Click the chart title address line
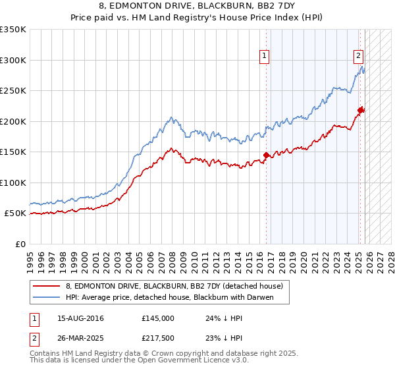click(x=197, y=6)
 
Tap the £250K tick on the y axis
click(x=13, y=90)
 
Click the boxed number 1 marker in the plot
click(x=264, y=57)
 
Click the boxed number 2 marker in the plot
click(x=359, y=57)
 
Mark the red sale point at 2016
click(x=267, y=156)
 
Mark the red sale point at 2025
click(x=361, y=111)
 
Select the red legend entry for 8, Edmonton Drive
click(x=174, y=286)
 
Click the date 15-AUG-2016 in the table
click(x=80, y=318)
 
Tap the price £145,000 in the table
click(x=157, y=318)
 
